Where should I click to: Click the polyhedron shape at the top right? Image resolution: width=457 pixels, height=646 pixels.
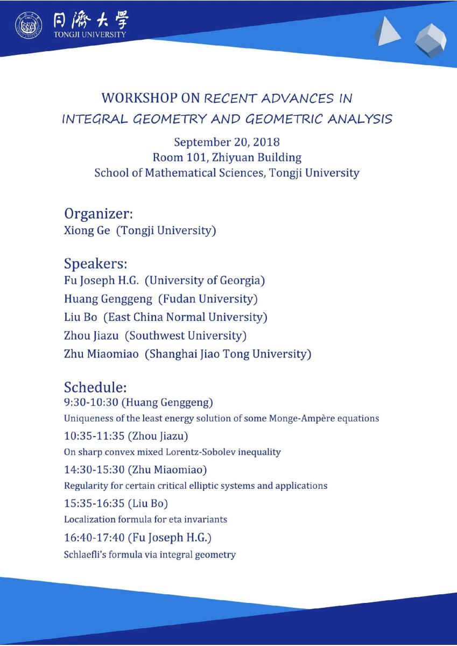coord(430,40)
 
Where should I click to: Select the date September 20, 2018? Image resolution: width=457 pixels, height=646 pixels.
coord(227,142)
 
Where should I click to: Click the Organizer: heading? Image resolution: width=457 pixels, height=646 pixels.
coord(99,214)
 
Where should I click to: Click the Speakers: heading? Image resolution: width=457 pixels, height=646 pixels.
coord(96,264)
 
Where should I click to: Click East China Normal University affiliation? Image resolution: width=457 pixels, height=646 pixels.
coord(185,317)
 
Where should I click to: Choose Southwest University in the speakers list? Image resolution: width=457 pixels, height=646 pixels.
coord(186,335)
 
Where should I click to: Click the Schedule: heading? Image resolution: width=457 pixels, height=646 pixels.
coord(95,387)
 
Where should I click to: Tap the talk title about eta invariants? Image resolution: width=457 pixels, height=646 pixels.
coord(145,519)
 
